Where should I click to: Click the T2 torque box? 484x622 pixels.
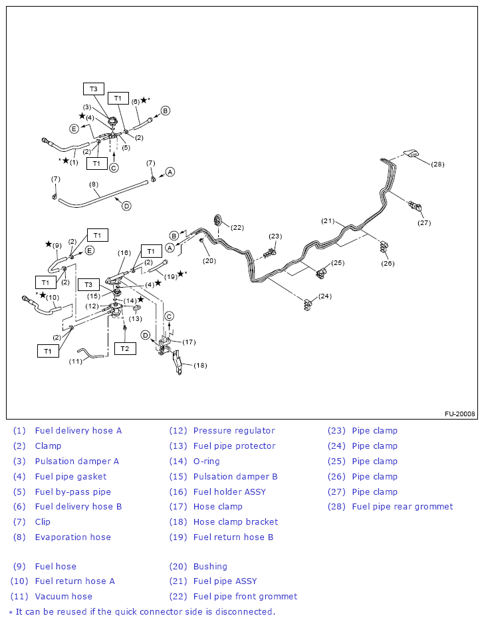pyautogui.click(x=124, y=348)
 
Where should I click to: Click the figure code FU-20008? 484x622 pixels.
pyautogui.click(x=460, y=414)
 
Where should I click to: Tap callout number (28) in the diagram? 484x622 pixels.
pyautogui.click(x=437, y=164)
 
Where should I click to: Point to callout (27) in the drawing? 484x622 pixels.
pyautogui.click(x=424, y=223)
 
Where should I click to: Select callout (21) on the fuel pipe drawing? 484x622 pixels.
pyautogui.click(x=328, y=221)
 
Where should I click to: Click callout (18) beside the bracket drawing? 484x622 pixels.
pyautogui.click(x=199, y=366)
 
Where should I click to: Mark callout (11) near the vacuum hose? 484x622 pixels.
pyautogui.click(x=76, y=362)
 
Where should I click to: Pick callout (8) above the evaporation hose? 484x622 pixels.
pyautogui.click(x=94, y=184)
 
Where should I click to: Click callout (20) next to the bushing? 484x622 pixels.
pyautogui.click(x=209, y=260)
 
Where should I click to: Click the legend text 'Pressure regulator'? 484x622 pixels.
pyautogui.click(x=233, y=431)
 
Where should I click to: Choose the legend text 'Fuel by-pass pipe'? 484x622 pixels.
pyautogui.click(x=73, y=492)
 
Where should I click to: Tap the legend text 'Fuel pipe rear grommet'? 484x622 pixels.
pyautogui.click(x=402, y=507)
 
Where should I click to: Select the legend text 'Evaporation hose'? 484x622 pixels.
pyautogui.click(x=73, y=537)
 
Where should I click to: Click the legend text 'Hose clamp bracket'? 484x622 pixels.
pyautogui.click(x=235, y=522)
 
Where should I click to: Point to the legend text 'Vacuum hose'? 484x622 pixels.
pyautogui.click(x=64, y=597)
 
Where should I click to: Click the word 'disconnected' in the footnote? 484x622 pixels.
pyautogui.click(x=246, y=611)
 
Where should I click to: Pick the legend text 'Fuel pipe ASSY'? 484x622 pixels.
pyautogui.click(x=225, y=581)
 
